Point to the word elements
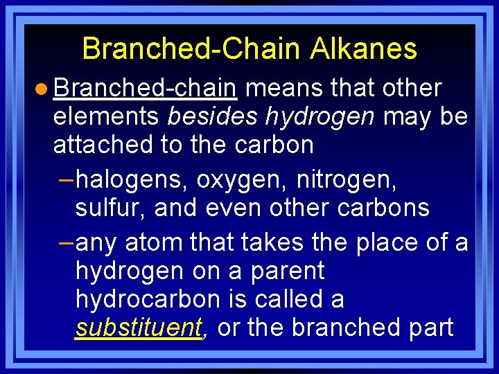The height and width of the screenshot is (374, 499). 106,117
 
